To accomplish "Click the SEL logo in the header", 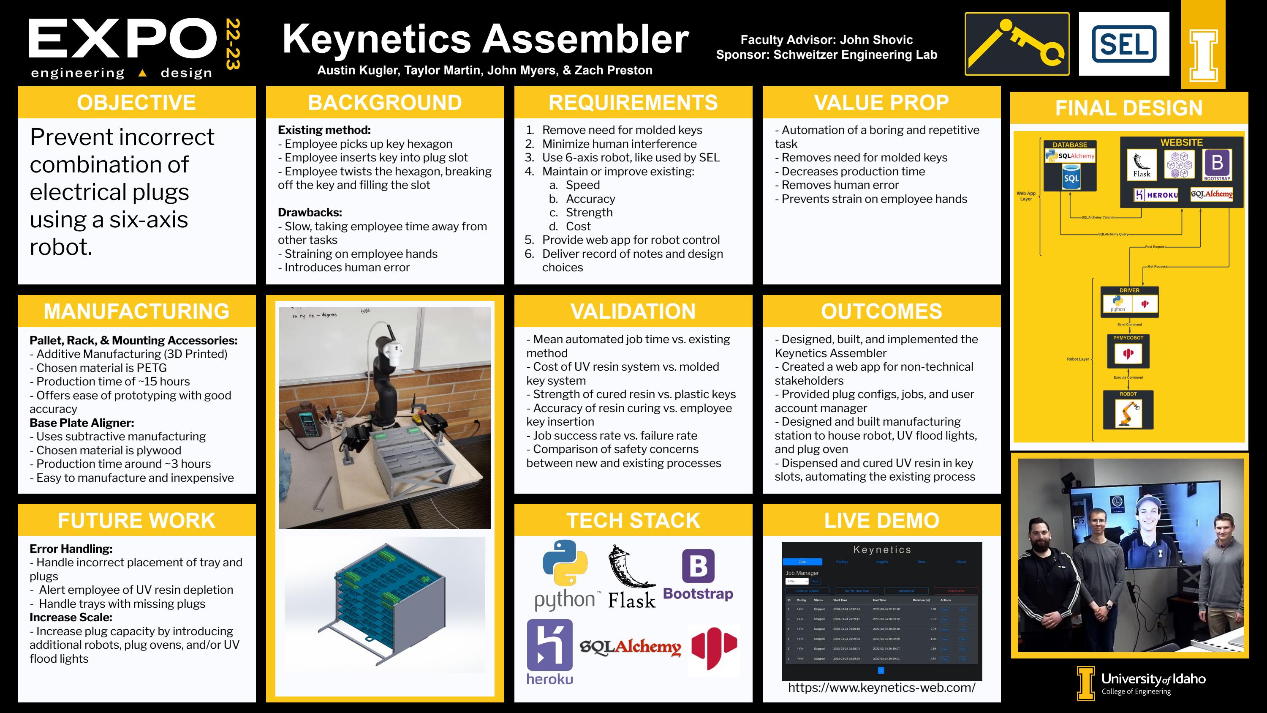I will (x=1123, y=44).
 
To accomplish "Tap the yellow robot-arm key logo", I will (x=1017, y=44).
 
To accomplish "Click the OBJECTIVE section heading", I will (x=136, y=102).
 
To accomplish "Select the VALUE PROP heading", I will (x=881, y=102).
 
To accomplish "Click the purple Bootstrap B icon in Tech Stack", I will (x=698, y=566).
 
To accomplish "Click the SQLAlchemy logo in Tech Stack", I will (x=630, y=647).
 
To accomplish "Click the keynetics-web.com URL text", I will (x=881, y=687).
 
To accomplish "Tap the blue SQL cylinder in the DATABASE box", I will (x=1071, y=178).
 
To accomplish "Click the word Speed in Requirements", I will (x=582, y=185).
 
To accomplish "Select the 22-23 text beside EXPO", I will (x=232, y=44).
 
